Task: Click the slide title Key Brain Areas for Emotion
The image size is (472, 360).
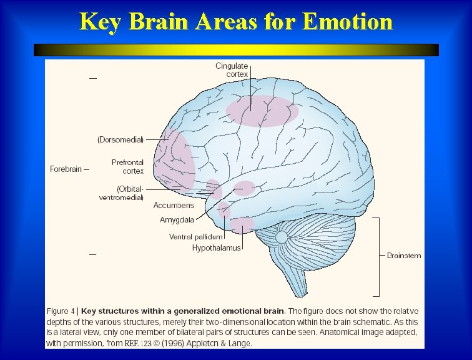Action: [x=236, y=21]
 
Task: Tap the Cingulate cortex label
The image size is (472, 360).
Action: [x=232, y=70]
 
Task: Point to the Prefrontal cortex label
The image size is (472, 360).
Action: [x=127, y=166]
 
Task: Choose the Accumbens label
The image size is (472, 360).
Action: [x=174, y=205]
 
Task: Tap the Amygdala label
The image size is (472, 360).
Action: [x=177, y=219]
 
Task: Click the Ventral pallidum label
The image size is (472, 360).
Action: [x=195, y=237]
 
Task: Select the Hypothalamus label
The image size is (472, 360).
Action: [x=216, y=248]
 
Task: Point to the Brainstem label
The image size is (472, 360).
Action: [x=404, y=255]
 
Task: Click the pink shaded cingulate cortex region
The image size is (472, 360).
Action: [x=262, y=111]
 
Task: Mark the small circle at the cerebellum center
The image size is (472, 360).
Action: [x=282, y=237]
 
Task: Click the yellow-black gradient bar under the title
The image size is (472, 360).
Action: [x=236, y=50]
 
